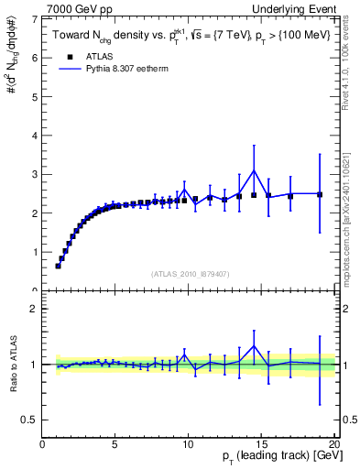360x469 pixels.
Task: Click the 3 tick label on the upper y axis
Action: pyautogui.click(x=35, y=174)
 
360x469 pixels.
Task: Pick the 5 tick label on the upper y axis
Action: pyautogui.click(x=35, y=96)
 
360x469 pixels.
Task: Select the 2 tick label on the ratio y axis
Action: pyautogui.click(x=35, y=309)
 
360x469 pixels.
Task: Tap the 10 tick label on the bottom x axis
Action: pyautogui.click(x=188, y=443)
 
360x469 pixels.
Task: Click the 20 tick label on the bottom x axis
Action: pyautogui.click(x=333, y=443)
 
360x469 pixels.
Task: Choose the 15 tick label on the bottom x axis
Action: pyautogui.click(x=261, y=443)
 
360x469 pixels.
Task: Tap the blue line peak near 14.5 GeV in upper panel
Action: pyautogui.click(x=254, y=170)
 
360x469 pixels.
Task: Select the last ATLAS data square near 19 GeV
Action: pyautogui.click(x=320, y=194)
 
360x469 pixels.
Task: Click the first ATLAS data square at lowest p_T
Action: pyautogui.click(x=58, y=266)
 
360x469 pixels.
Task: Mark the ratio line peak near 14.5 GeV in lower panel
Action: pyautogui.click(x=254, y=346)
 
